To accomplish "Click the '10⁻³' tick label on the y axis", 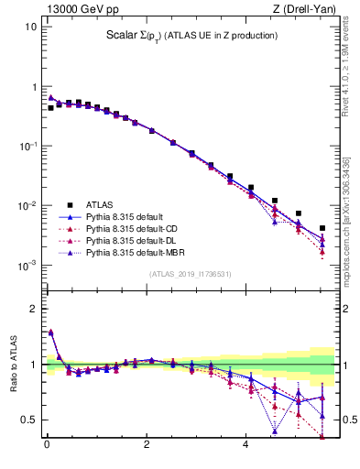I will coord(27,266).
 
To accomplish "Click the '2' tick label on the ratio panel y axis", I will coord(34,309).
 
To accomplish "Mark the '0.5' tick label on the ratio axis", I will coord(29,420).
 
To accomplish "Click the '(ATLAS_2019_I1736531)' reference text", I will coord(190,274).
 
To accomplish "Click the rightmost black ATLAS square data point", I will coord(322,228).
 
